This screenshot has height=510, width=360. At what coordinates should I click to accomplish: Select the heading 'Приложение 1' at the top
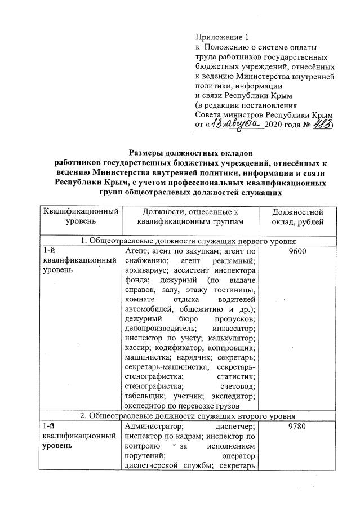[217, 38]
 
